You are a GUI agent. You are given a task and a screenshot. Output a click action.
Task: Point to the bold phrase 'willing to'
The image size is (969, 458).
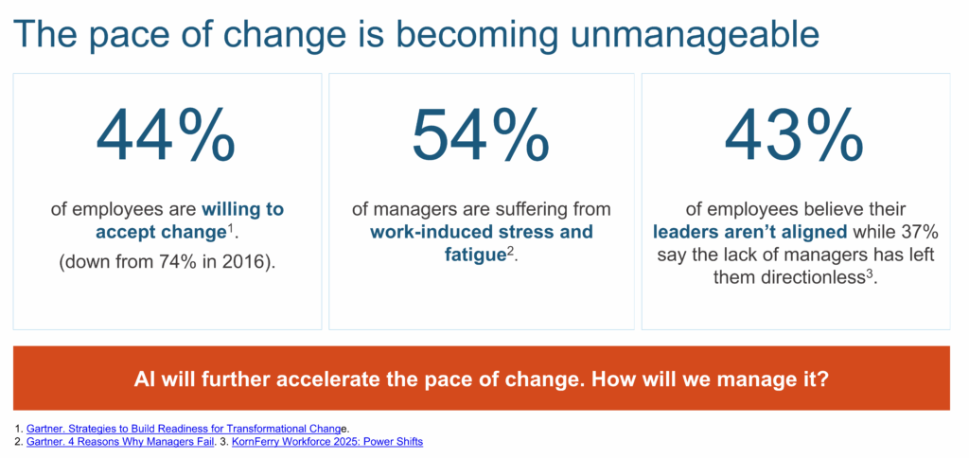(x=242, y=209)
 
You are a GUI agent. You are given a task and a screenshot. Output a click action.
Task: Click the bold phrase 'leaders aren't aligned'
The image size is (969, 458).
(x=750, y=233)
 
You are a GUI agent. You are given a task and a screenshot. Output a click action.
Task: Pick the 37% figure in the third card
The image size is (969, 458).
(x=923, y=233)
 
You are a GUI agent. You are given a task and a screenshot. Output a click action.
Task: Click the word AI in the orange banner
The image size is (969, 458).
(x=142, y=379)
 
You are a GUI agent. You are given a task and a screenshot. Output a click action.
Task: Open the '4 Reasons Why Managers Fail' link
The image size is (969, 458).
(x=120, y=443)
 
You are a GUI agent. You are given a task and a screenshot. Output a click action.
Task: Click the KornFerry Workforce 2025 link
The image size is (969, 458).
(x=326, y=443)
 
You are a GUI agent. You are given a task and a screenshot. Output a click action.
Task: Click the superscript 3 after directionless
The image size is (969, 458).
(x=868, y=273)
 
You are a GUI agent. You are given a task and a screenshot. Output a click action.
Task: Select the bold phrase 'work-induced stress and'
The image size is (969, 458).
(x=482, y=233)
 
